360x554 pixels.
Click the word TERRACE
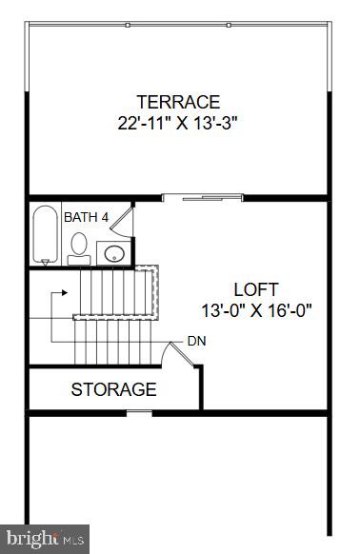click(x=178, y=102)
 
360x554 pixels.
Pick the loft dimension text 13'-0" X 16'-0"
click(x=256, y=309)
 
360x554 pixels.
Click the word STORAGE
click(x=113, y=389)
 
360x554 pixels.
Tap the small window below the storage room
click(x=139, y=412)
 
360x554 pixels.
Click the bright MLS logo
click(x=45, y=539)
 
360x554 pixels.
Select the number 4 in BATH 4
click(x=106, y=218)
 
